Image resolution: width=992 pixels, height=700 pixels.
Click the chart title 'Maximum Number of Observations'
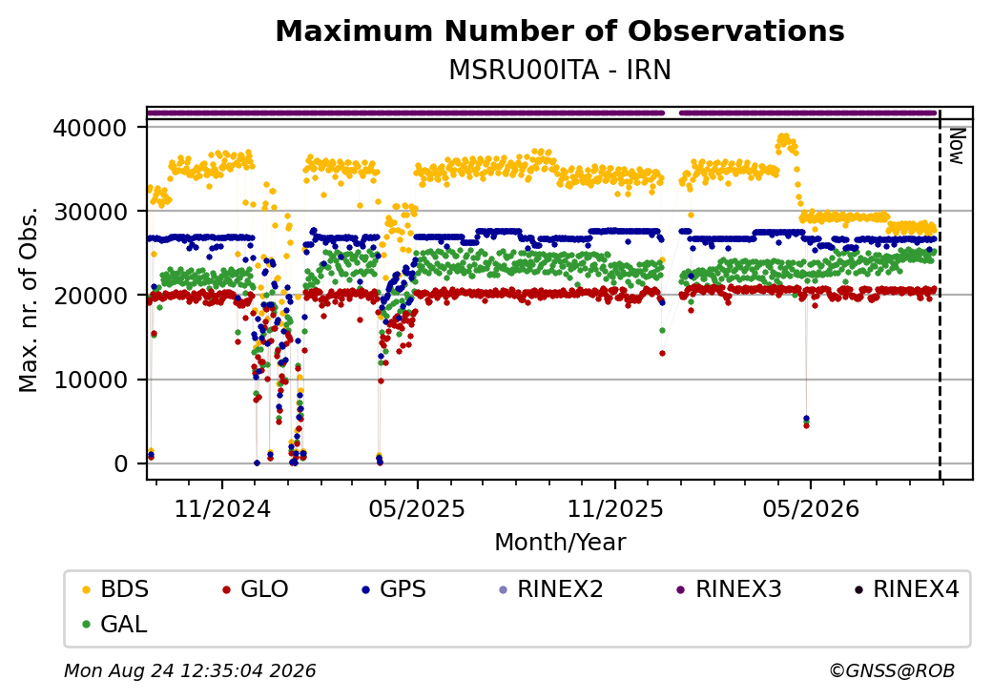coord(560,31)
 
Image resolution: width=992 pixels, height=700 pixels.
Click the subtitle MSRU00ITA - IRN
coord(560,71)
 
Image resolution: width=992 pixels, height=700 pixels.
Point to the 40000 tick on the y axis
coord(91,129)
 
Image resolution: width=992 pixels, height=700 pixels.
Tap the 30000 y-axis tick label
coord(91,212)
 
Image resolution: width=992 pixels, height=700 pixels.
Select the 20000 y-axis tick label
coord(91,296)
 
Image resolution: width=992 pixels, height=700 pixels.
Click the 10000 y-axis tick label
coord(91,380)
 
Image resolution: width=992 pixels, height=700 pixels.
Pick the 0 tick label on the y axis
coord(121,464)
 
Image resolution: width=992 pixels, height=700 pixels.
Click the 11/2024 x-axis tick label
coord(222,509)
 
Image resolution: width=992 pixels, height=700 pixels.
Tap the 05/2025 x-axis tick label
coord(417,509)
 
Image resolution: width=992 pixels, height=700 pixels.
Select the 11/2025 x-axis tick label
coord(615,509)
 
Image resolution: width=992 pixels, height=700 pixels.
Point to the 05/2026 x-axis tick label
coord(811,509)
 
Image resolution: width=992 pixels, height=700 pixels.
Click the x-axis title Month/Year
coord(560,543)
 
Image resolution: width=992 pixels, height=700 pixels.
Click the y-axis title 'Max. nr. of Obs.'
coord(29,299)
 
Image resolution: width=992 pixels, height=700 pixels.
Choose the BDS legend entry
coord(115,589)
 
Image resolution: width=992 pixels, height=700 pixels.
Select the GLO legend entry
coord(256,589)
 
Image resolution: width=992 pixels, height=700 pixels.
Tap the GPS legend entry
coord(394,589)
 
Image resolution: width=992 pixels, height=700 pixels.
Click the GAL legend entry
coord(115,624)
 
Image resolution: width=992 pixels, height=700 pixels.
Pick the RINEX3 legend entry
coord(729,589)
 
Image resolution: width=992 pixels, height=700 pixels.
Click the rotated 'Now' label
coord(958,147)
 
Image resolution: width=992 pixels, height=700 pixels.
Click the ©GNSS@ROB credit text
coord(892,670)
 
